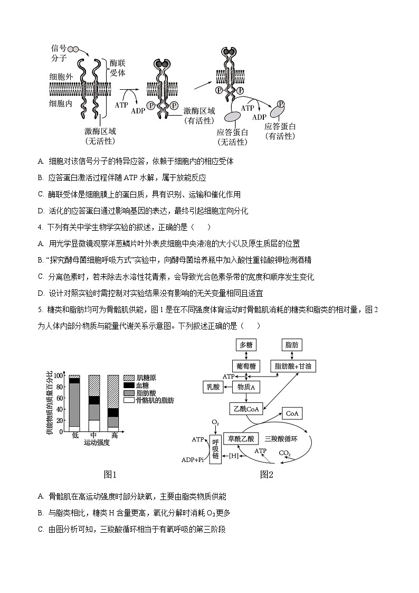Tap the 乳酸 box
pyautogui.click(x=214, y=388)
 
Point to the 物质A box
pyautogui.click(x=246, y=388)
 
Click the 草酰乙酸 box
pyautogui.click(x=241, y=438)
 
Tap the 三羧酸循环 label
pyautogui.click(x=281, y=438)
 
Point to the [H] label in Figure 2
pyautogui.click(x=233, y=456)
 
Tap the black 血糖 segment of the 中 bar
pyautogui.click(x=94, y=400)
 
